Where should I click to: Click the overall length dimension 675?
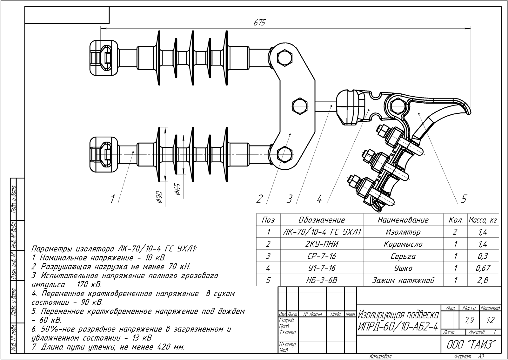coord(259,23)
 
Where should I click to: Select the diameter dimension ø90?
coord(159,197)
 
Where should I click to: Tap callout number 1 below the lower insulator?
coord(112,199)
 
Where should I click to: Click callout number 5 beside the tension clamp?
coord(464,199)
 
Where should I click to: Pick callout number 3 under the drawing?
coord(289,199)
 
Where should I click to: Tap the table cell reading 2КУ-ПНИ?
coord(321,244)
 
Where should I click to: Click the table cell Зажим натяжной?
coord(403,280)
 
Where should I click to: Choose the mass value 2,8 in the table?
coord(483,280)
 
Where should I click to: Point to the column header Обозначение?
coord(321,220)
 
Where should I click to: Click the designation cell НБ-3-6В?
coord(321,280)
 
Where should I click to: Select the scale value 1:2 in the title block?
coord(490,320)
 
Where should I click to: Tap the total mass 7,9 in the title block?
coord(469,320)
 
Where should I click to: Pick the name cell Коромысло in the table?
coord(403,244)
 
